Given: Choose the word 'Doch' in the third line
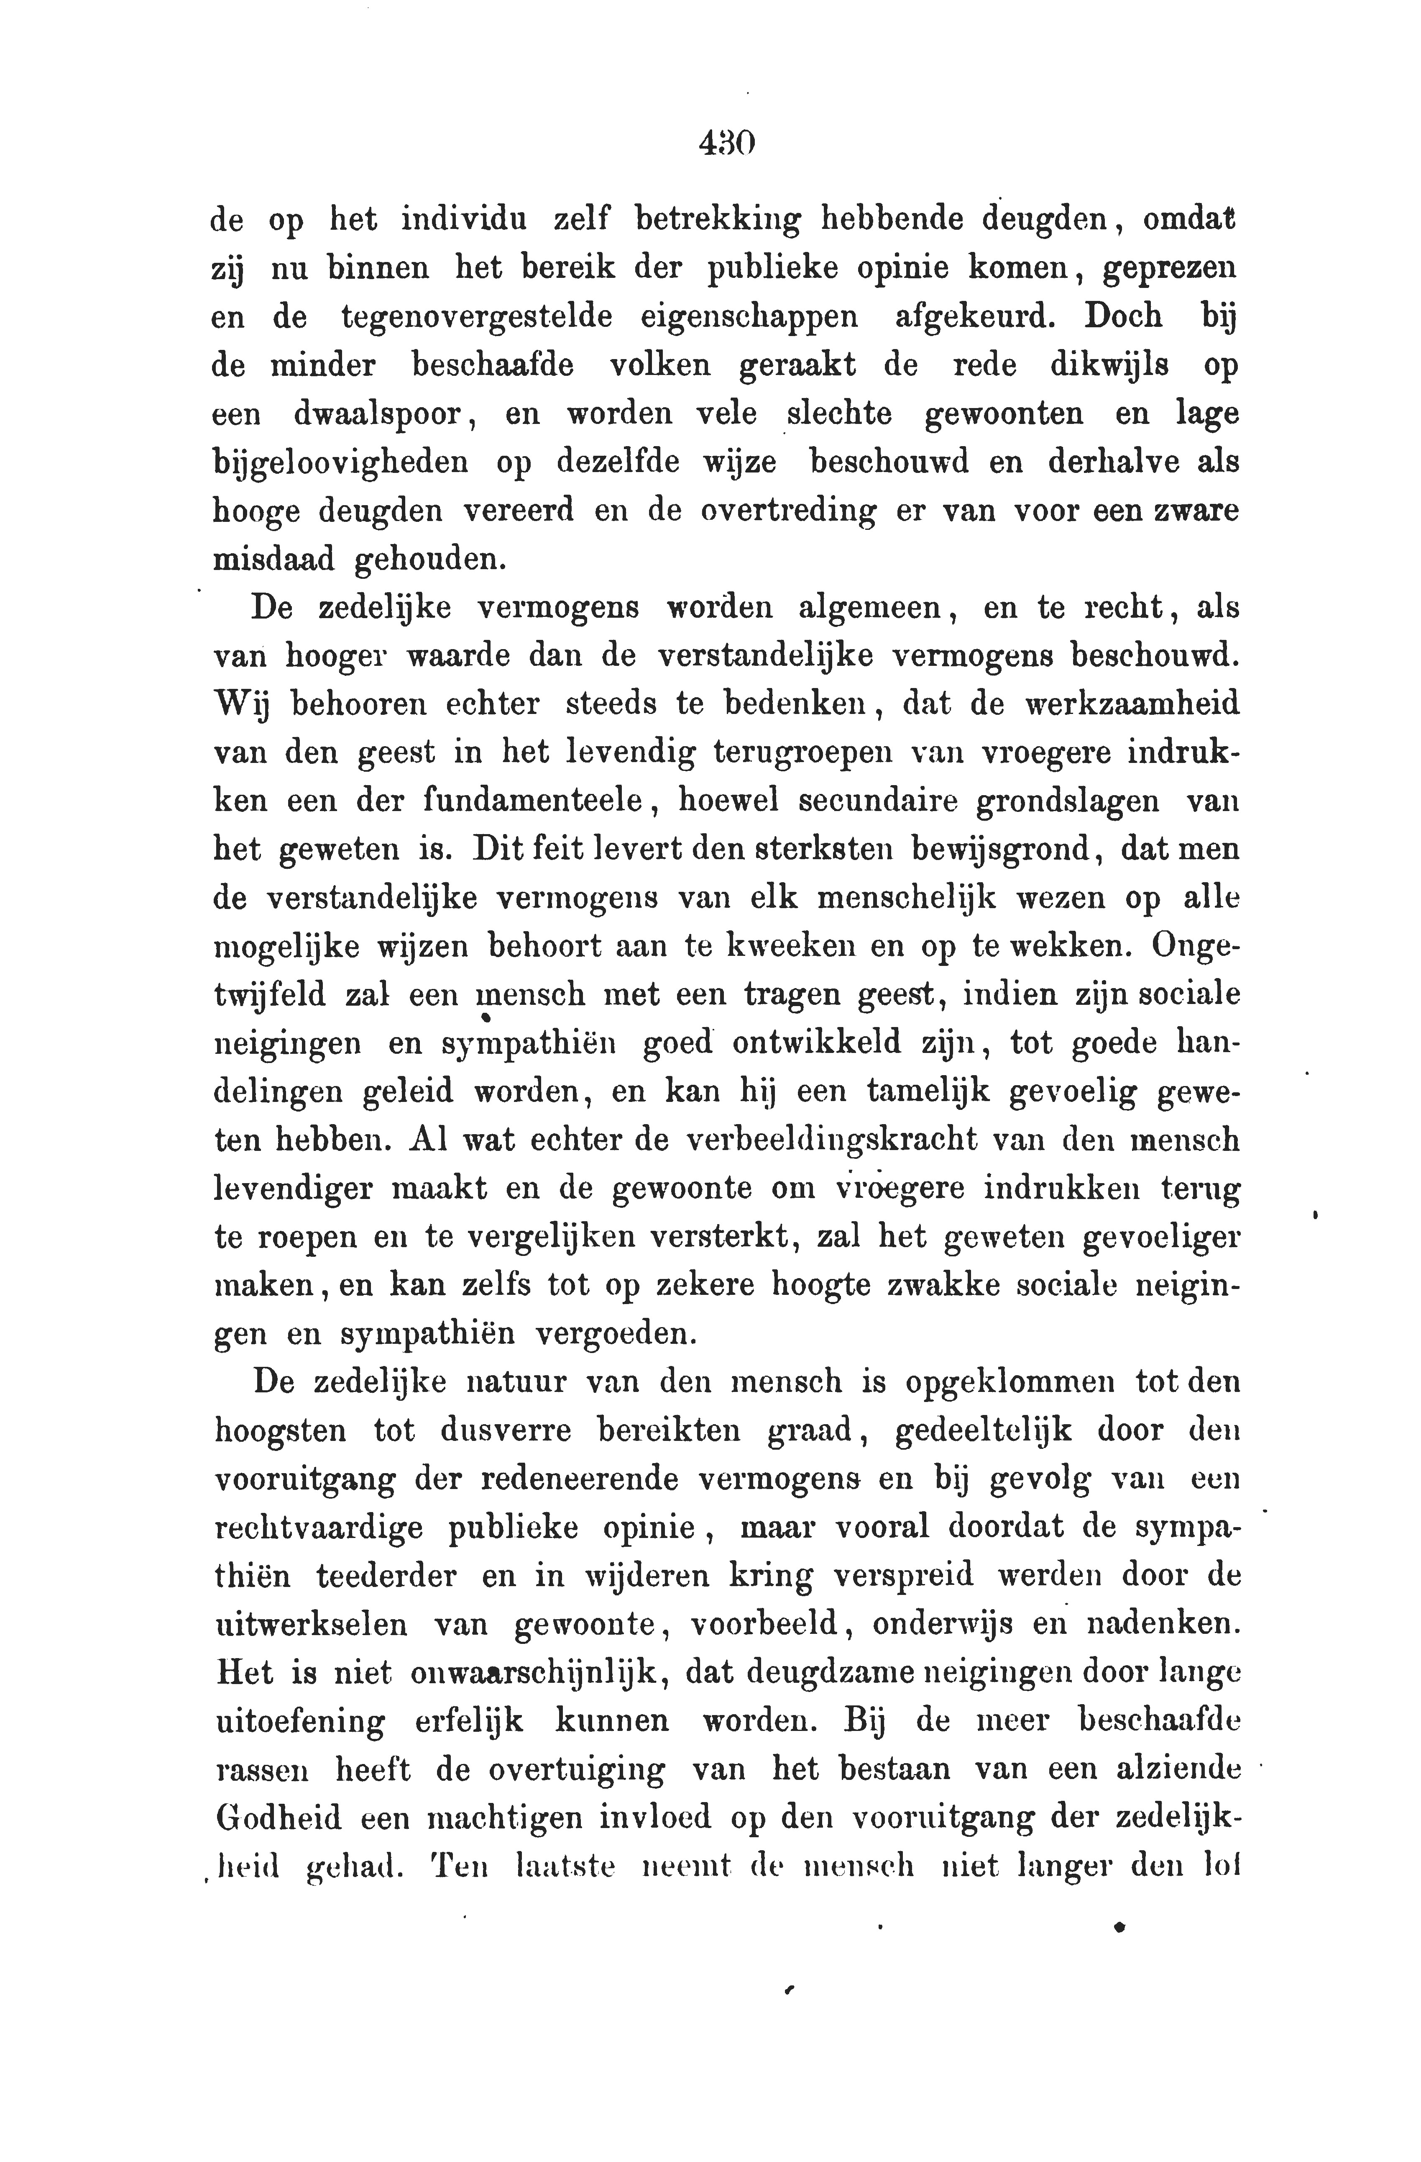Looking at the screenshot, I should (1123, 317).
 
